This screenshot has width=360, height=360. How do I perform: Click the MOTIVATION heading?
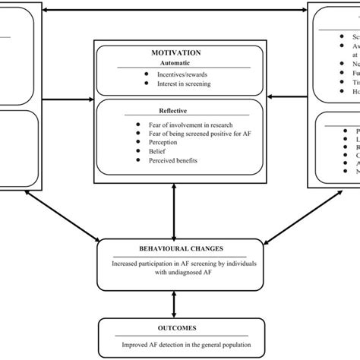point(175,52)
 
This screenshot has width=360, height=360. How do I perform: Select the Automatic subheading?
point(175,64)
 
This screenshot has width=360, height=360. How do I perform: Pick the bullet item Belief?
point(153,152)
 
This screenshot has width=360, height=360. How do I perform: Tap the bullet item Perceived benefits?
point(169,162)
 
